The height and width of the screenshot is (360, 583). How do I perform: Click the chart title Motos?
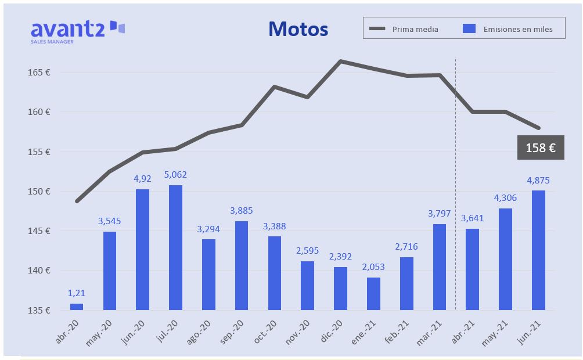298,29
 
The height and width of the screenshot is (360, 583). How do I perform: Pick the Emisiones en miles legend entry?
508,29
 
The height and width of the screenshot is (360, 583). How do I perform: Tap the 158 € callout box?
541,148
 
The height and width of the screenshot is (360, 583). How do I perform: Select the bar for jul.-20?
175,247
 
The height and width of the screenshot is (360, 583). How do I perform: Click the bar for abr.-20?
76,307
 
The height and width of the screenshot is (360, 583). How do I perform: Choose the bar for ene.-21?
373,294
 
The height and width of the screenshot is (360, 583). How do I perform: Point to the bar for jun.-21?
538,250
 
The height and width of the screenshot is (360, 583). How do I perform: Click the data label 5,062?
175,175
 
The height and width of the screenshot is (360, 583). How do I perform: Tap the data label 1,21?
76,293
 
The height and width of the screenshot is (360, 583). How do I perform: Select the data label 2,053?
373,267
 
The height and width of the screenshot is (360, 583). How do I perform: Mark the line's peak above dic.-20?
340,61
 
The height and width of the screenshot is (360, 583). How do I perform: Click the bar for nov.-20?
307,286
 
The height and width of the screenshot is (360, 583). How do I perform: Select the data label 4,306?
505,197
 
